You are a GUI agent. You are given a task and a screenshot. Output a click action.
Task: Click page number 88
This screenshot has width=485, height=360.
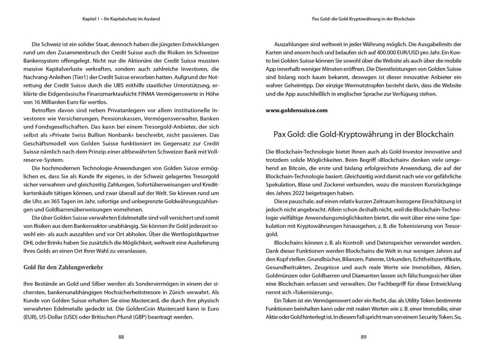point(121,337)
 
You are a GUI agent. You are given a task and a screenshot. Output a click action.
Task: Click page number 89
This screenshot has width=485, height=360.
point(364,337)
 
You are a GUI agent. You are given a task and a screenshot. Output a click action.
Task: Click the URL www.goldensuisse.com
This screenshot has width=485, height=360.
point(296,110)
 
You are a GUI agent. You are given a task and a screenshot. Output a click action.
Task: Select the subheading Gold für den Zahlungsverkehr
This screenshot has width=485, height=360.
point(63,267)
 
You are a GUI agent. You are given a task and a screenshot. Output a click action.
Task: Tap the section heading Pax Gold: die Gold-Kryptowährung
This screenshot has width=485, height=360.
point(363,134)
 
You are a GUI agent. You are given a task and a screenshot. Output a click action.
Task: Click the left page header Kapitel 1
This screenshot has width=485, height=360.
point(121,19)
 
